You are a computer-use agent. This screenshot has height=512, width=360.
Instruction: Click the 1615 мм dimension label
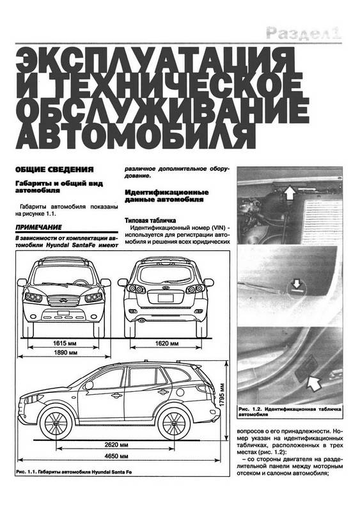tap(65, 343)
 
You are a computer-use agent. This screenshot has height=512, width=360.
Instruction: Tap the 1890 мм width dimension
tap(65, 353)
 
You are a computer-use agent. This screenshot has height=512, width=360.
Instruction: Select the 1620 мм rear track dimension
tap(167, 343)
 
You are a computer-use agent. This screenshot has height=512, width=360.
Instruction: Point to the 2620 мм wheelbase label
tap(116, 445)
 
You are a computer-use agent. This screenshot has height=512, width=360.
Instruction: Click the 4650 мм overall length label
tap(116, 456)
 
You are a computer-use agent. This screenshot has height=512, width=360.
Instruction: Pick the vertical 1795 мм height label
tap(222, 394)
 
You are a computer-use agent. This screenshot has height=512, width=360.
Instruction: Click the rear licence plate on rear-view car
tap(166, 298)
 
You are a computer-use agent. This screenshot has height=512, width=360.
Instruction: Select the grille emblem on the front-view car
tap(63, 300)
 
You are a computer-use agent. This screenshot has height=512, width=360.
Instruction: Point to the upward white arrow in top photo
tap(289, 193)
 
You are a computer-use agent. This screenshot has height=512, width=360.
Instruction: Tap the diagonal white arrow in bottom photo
tap(314, 383)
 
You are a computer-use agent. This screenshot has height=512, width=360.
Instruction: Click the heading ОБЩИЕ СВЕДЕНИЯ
tap(54, 170)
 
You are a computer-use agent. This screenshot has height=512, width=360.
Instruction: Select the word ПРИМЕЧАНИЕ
tap(38, 227)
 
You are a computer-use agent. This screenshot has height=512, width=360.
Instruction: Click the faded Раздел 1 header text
tap(304, 33)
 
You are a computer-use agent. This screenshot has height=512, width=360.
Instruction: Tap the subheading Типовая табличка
tap(150, 220)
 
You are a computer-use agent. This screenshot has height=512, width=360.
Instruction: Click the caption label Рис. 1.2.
tap(249, 409)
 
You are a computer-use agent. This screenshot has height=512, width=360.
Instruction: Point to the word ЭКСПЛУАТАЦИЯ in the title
tap(155, 60)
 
